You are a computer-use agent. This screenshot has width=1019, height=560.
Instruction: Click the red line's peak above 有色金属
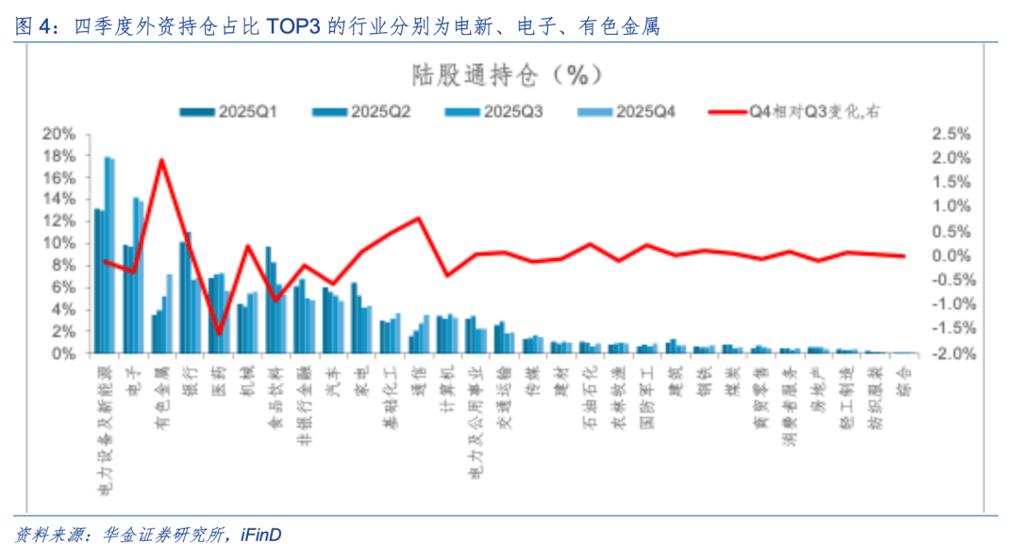(x=161, y=160)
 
